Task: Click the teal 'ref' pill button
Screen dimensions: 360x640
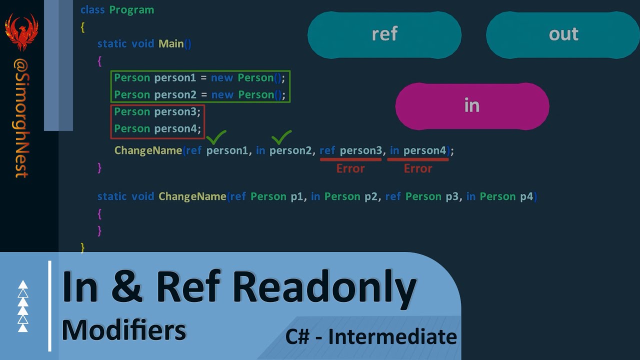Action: pyautogui.click(x=384, y=34)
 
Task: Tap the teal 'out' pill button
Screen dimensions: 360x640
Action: pyautogui.click(x=563, y=34)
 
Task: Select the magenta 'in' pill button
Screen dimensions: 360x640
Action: pyautogui.click(x=472, y=106)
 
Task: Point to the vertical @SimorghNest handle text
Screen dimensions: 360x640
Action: pyautogui.click(x=21, y=118)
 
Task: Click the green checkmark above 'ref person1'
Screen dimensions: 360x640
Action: pyautogui.click(x=216, y=136)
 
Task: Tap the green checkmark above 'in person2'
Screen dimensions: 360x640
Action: pyautogui.click(x=281, y=136)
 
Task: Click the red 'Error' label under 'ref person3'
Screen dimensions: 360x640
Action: pyautogui.click(x=350, y=168)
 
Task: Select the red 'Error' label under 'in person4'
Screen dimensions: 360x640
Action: pyautogui.click(x=418, y=168)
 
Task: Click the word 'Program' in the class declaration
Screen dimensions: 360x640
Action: pyautogui.click(x=131, y=10)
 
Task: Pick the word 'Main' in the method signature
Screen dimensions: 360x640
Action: pyautogui.click(x=171, y=44)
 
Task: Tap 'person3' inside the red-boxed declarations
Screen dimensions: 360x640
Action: pyautogui.click(x=177, y=112)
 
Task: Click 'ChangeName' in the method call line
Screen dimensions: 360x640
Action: pyautogui.click(x=148, y=150)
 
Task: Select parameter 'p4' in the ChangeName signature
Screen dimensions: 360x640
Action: pyautogui.click(x=526, y=196)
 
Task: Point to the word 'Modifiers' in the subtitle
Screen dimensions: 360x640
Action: pyautogui.click(x=124, y=330)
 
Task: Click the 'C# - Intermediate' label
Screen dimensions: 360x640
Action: pyautogui.click(x=371, y=336)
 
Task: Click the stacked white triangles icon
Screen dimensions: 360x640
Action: pyautogui.click(x=23, y=306)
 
